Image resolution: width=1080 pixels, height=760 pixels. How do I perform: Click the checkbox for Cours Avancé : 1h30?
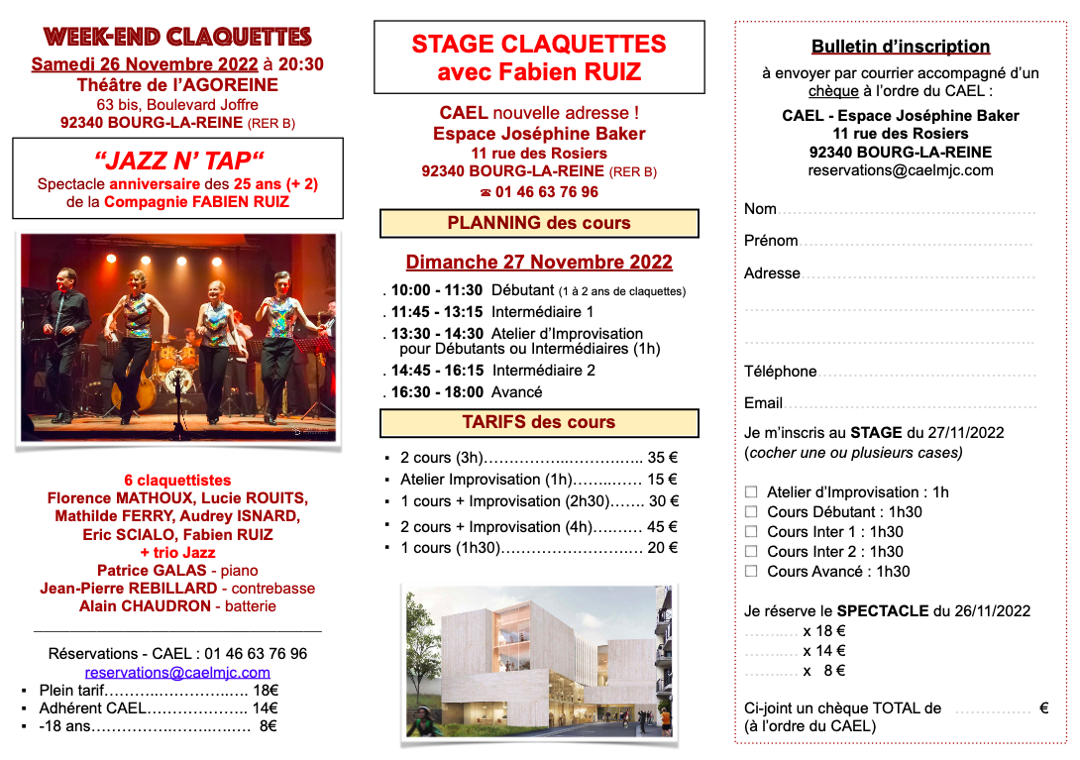coord(751,571)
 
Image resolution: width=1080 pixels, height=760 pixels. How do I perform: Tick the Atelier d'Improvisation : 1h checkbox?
coord(751,491)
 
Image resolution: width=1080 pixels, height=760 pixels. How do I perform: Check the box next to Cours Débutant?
coord(751,511)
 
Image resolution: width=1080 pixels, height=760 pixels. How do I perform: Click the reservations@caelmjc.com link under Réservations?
coord(177,673)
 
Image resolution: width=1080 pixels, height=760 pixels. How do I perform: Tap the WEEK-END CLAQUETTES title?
coord(177,38)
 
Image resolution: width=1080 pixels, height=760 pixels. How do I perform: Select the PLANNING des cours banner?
coord(539,223)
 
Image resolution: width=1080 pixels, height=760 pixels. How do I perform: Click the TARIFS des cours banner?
coord(539,422)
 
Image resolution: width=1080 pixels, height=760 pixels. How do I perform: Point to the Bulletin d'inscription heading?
coord(901,47)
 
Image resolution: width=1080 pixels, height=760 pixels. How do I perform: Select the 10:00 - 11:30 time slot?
coord(437,290)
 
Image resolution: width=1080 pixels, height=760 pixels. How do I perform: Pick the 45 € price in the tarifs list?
coord(663,527)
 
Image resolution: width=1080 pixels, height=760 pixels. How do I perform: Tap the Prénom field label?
coord(771,241)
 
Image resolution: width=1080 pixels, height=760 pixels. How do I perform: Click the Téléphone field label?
coord(781,372)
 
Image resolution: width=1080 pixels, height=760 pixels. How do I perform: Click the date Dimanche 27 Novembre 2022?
coord(539,263)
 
